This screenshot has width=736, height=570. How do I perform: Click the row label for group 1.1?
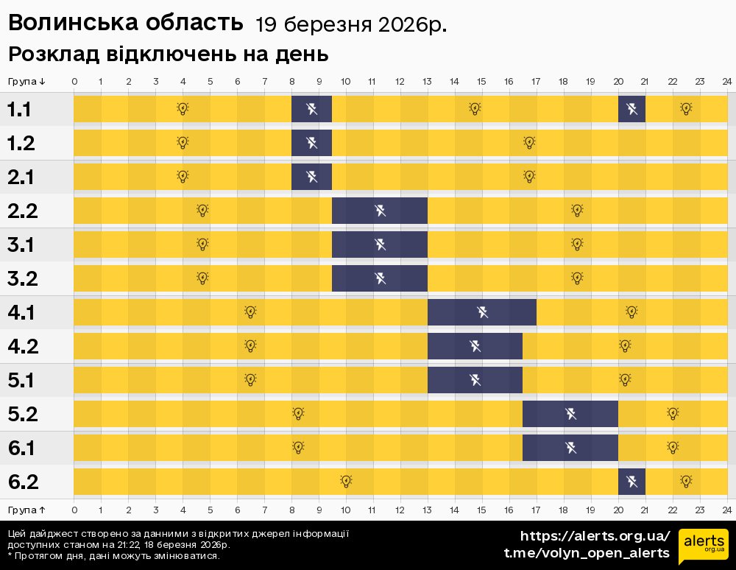[19, 110]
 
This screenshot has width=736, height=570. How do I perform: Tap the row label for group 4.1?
[22, 313]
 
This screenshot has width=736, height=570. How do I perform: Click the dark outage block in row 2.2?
[380, 211]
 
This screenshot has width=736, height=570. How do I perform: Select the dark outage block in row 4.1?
[482, 313]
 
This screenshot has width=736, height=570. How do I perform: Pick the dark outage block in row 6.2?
[631, 482]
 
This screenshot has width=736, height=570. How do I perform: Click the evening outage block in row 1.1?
[631, 110]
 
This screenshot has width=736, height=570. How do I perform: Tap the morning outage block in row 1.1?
[311, 110]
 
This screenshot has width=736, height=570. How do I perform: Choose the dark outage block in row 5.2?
[570, 415]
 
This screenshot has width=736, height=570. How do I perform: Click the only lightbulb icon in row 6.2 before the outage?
[346, 482]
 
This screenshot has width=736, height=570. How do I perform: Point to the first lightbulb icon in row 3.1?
[203, 244]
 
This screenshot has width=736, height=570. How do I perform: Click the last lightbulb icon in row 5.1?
[625, 380]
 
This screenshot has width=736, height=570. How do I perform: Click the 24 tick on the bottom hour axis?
[726, 510]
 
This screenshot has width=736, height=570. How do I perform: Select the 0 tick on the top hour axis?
[74, 81]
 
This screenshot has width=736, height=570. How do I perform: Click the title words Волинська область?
[125, 24]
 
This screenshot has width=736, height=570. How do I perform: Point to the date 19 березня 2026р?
[351, 25]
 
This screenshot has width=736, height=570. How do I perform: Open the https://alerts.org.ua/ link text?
[595, 536]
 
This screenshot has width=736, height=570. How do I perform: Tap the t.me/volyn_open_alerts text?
[587, 553]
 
